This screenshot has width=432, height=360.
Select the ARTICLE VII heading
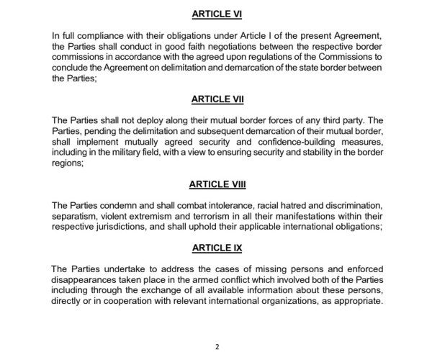point(217,99)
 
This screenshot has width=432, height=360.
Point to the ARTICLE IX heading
point(217,248)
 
